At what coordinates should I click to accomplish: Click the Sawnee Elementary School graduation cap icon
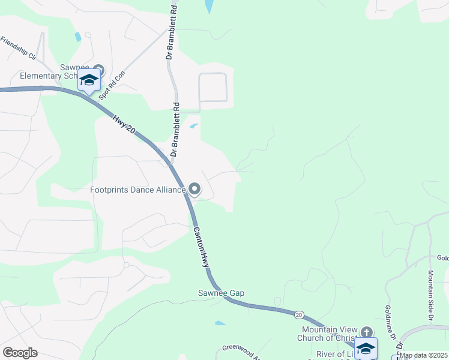[89, 80]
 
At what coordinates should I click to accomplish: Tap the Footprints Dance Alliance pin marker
[194, 189]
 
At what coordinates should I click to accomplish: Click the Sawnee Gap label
[221, 293]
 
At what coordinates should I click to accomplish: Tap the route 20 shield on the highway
[299, 314]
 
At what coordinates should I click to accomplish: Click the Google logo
[20, 353]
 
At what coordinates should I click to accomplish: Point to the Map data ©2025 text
[423, 355]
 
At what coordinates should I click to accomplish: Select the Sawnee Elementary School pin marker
[99, 70]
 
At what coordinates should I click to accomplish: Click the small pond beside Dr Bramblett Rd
[194, 126]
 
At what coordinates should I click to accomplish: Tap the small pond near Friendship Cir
[78, 37]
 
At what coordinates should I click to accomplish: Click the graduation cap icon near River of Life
[366, 349]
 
